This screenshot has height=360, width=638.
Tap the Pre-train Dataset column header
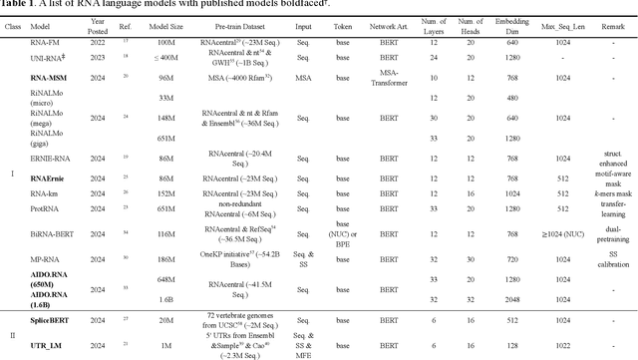pos(252,29)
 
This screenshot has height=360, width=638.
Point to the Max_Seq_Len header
pos(562,29)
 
